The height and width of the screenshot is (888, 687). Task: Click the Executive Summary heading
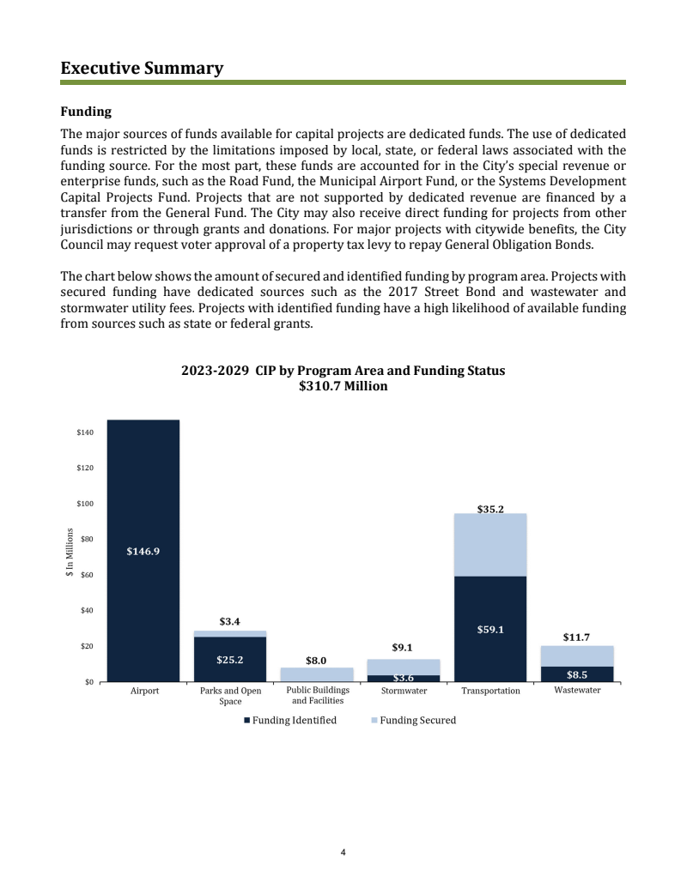point(142,68)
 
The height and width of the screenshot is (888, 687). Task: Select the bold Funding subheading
point(85,112)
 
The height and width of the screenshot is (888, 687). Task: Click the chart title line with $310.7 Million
point(343,387)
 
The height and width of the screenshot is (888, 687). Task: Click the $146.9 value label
point(143,552)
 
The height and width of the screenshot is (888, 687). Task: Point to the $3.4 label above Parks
point(229,620)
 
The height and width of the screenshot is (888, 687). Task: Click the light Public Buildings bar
point(317,674)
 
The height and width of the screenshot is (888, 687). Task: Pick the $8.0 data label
point(316,661)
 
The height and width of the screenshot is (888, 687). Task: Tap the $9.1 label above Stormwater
point(404,648)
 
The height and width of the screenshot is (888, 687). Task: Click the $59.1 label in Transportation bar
point(490,629)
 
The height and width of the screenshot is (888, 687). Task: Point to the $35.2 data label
point(490,509)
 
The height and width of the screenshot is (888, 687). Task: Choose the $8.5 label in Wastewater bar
point(577,674)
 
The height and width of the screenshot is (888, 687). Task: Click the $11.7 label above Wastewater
point(576,637)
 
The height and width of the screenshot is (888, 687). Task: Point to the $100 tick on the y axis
point(85,504)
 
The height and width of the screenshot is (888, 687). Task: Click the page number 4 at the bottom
point(343,853)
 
